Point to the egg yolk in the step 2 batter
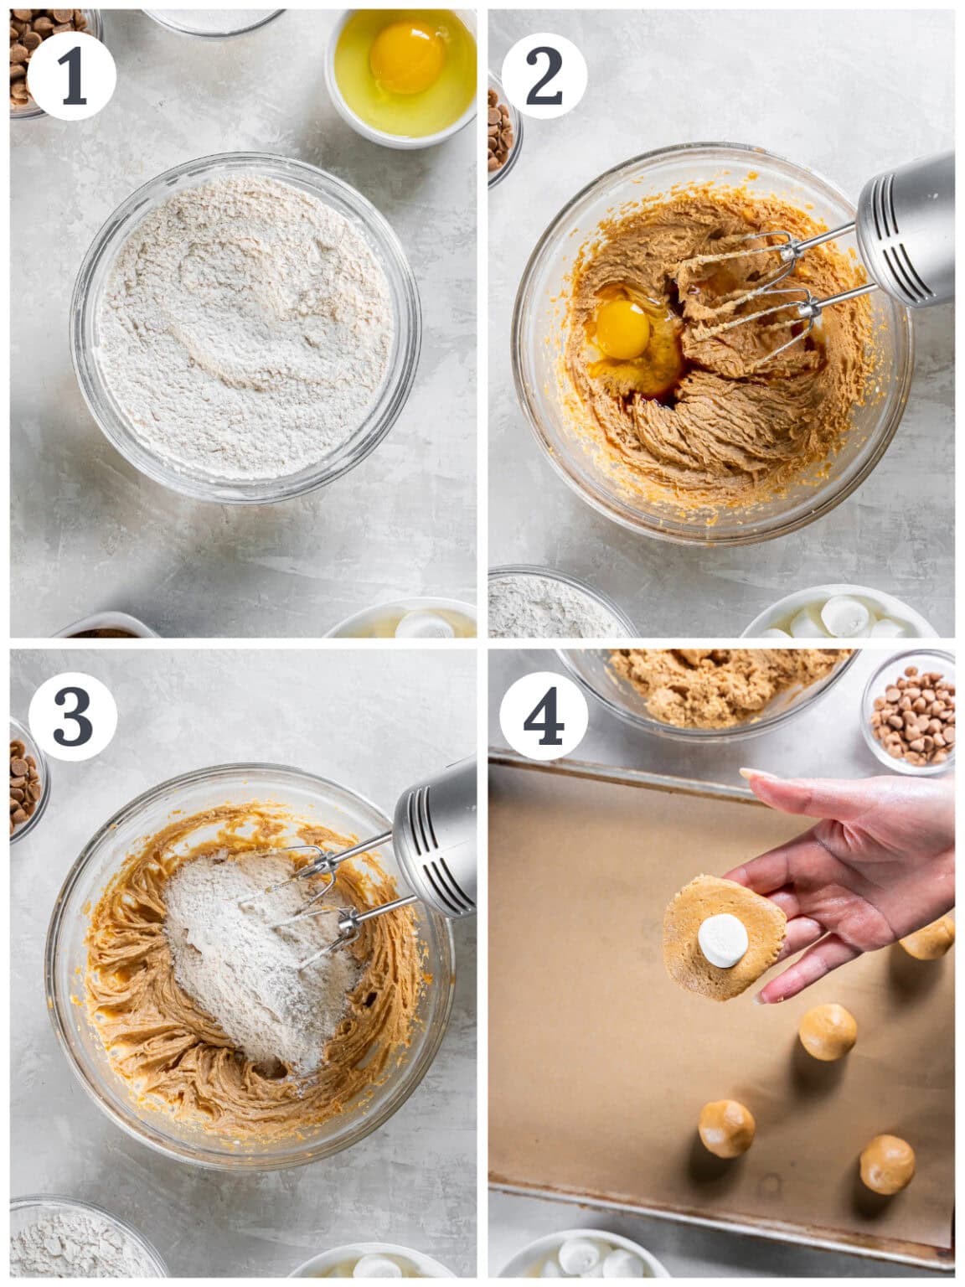622,328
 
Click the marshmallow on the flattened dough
723,940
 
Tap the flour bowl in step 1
245,327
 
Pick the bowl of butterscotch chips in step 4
911,714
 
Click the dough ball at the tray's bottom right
887,1165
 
